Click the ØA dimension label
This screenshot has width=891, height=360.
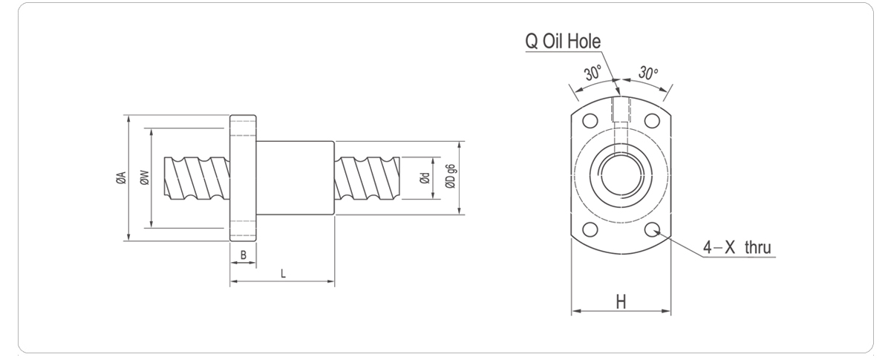tap(120, 177)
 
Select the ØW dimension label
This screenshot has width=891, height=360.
tap(145, 177)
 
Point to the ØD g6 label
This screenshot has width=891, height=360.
tap(451, 177)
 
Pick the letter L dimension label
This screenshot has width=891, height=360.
tap(283, 274)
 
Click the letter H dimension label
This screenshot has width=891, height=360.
tap(621, 301)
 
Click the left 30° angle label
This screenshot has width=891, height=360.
tap(593, 73)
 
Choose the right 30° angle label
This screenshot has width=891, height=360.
tap(648, 73)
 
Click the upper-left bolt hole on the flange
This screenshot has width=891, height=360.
tap(590, 120)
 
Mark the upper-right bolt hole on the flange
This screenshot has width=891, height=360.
tap(653, 120)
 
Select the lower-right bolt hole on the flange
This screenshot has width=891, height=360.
tap(653, 230)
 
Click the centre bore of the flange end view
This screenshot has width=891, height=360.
tap(621, 175)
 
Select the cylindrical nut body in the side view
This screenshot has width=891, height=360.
tap(296, 177)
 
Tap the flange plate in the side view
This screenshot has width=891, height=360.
tap(244, 179)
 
